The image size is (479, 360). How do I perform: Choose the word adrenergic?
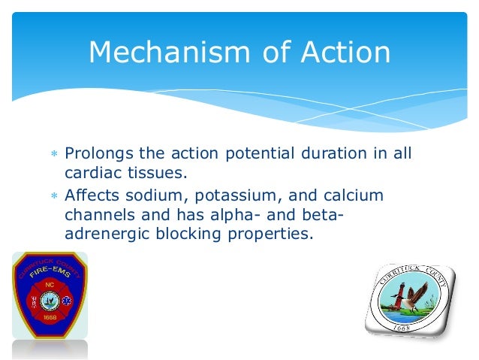[x=101, y=234]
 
